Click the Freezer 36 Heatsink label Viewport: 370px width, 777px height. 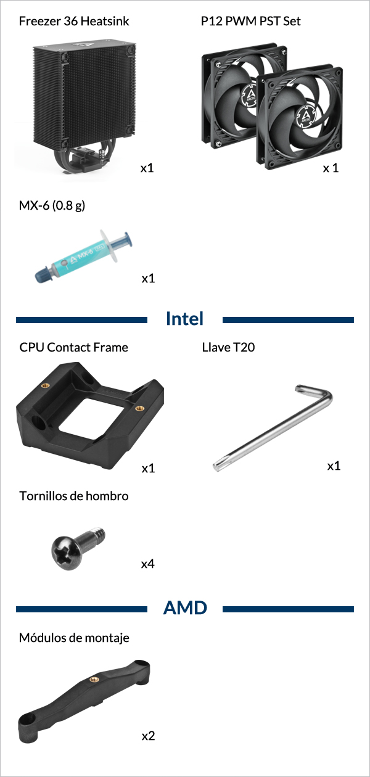click(x=74, y=21)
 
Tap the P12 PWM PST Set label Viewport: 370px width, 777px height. click(x=251, y=21)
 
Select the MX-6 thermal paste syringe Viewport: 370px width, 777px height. click(x=84, y=257)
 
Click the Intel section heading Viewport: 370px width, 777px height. click(x=184, y=318)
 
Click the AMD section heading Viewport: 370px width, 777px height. click(x=185, y=607)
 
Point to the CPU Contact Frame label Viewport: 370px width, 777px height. click(x=73, y=347)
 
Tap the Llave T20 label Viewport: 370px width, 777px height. click(x=228, y=347)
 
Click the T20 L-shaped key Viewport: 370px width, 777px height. click(x=273, y=428)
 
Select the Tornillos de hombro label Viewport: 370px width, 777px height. click(x=74, y=496)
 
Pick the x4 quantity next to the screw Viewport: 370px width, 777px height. click(x=148, y=564)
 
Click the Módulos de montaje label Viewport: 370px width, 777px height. click(x=74, y=638)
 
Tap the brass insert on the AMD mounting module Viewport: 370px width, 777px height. click(x=94, y=679)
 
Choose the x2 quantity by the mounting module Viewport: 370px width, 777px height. click(x=148, y=736)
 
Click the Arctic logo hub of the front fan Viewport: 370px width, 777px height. click(x=306, y=116)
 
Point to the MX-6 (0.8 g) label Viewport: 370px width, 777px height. click(x=52, y=205)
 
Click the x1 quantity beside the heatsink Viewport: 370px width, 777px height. click(x=147, y=168)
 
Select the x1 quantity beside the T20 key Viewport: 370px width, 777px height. click(x=334, y=466)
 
